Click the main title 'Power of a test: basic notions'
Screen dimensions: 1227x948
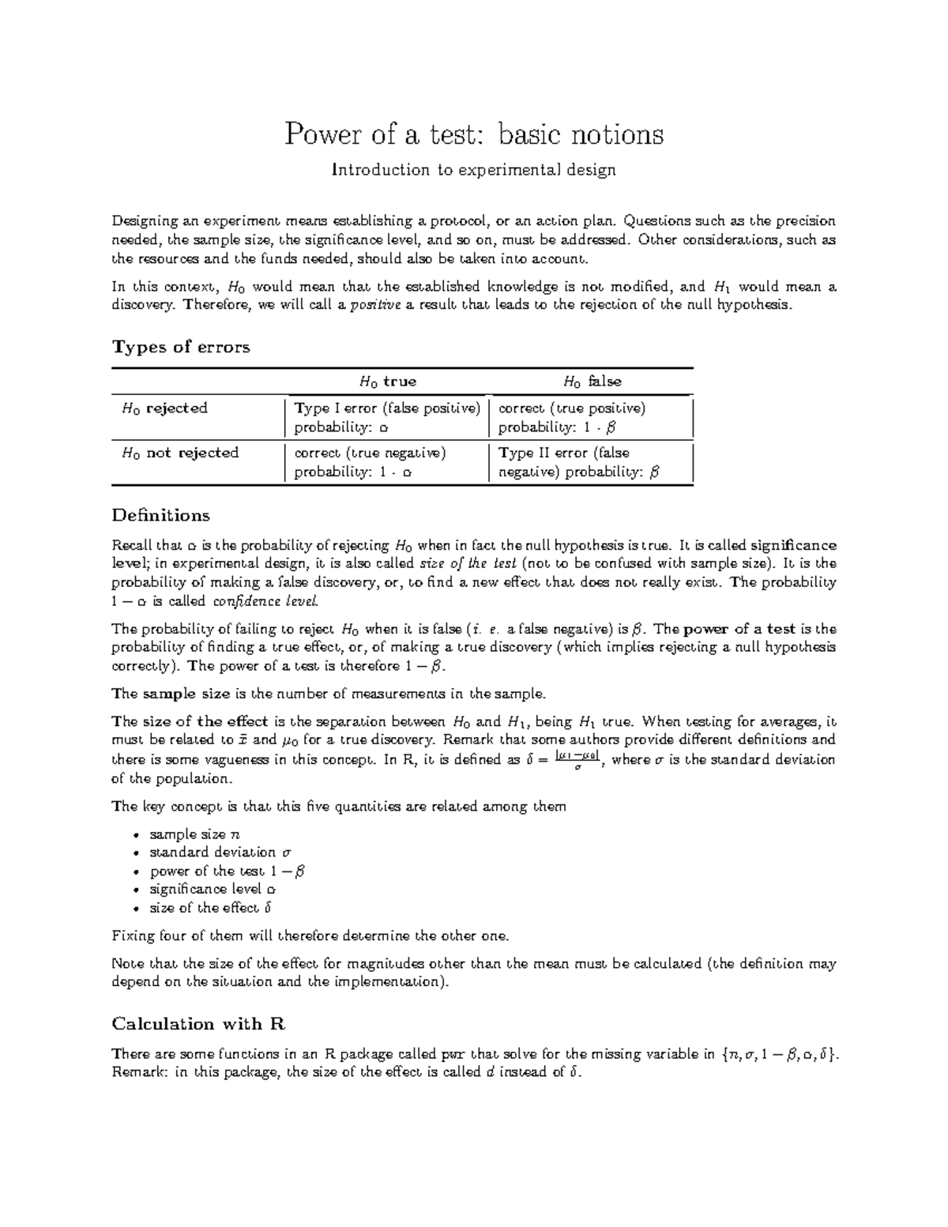[x=474, y=134]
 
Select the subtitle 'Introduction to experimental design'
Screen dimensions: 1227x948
[x=473, y=170]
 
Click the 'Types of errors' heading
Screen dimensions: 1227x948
[x=181, y=347]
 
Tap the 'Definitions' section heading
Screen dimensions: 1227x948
[x=161, y=515]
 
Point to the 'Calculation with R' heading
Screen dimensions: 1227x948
[x=198, y=1024]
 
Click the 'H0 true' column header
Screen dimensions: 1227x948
[x=387, y=382]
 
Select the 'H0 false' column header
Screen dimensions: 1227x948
[x=592, y=382]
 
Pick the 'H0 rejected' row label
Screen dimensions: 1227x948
[x=164, y=408]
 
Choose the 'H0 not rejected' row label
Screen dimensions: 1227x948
[x=179, y=453]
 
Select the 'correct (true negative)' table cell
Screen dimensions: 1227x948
[x=370, y=462]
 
